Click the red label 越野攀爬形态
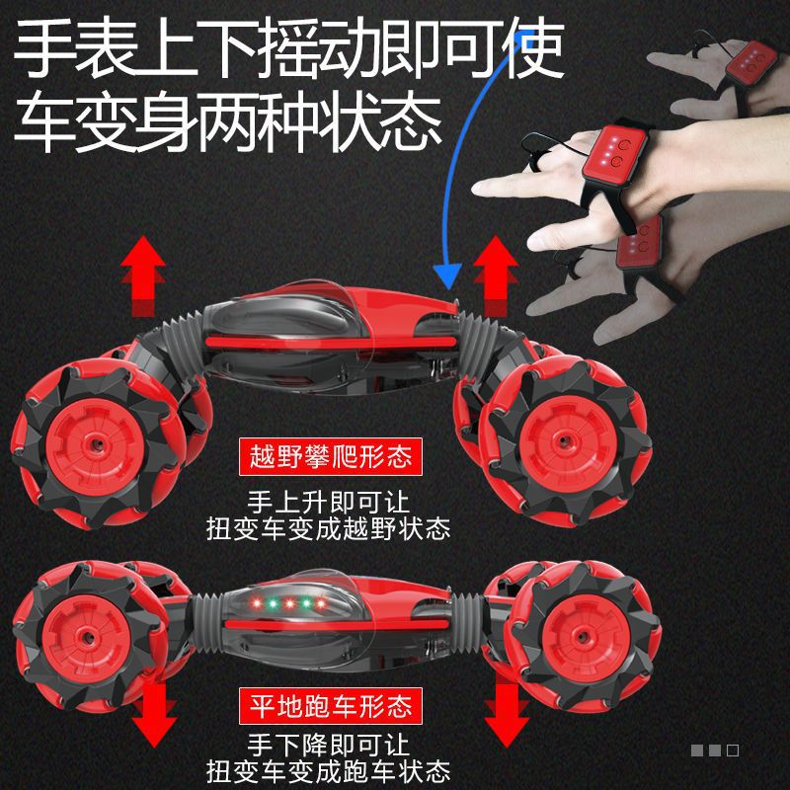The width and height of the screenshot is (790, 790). [x=331, y=457]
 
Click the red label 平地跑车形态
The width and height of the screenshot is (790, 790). [x=331, y=705]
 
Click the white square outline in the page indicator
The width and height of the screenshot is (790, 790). [x=733, y=750]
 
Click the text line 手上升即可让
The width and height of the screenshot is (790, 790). [x=330, y=500]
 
